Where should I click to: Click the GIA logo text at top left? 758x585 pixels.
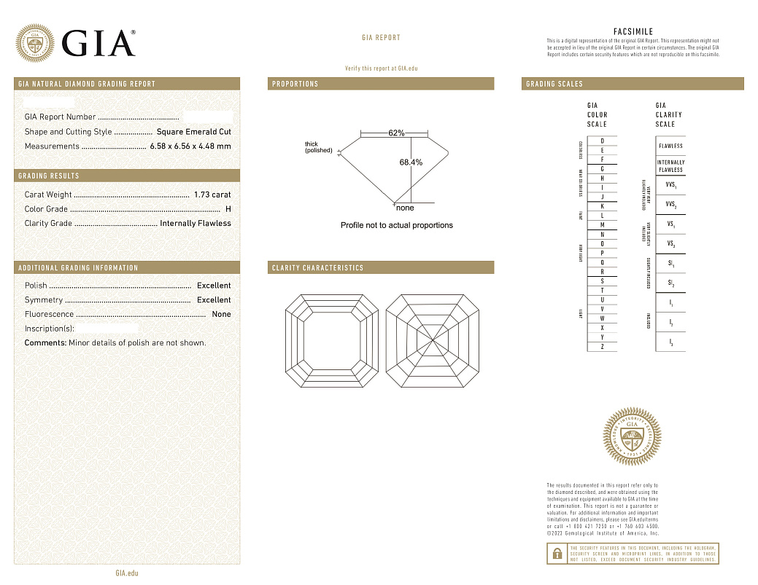tap(98, 43)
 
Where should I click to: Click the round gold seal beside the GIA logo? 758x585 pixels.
tap(35, 43)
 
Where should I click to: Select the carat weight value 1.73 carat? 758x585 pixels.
tap(212, 195)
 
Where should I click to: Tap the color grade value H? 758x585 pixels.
tap(228, 209)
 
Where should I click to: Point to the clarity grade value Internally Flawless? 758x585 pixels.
tap(196, 224)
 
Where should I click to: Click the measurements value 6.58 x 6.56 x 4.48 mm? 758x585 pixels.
tap(190, 146)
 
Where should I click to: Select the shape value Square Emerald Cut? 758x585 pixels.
tap(194, 132)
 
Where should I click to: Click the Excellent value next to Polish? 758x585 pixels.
tap(214, 286)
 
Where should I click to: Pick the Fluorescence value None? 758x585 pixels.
tap(221, 315)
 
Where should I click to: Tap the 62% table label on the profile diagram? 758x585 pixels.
tap(396, 133)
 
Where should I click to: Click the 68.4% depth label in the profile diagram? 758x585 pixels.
tap(411, 162)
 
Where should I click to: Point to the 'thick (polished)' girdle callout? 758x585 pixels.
tap(318, 147)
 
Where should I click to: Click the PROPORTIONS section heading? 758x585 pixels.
tap(295, 85)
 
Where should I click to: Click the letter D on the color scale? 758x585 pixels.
tap(602, 141)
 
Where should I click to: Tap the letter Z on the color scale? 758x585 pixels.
tap(602, 347)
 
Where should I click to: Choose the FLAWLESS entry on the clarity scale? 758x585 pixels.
tap(670, 146)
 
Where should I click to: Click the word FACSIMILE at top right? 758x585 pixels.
tap(633, 32)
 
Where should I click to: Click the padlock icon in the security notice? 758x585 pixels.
tap(557, 554)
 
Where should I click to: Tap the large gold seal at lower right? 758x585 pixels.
tap(633, 438)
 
